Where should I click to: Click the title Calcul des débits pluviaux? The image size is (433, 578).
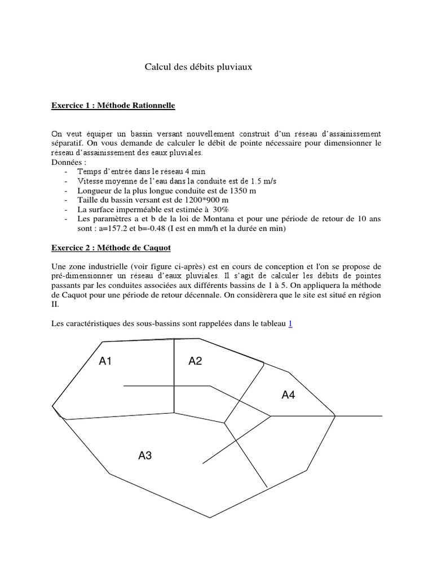point(198,67)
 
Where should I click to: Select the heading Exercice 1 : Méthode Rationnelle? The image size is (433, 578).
point(113,106)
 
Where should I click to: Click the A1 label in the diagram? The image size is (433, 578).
point(105,362)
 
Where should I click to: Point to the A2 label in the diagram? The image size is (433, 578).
point(195,362)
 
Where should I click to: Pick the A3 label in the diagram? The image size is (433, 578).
point(145,456)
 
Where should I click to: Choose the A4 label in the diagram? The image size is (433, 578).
point(288,396)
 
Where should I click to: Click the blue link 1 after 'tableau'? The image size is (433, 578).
point(290,324)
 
